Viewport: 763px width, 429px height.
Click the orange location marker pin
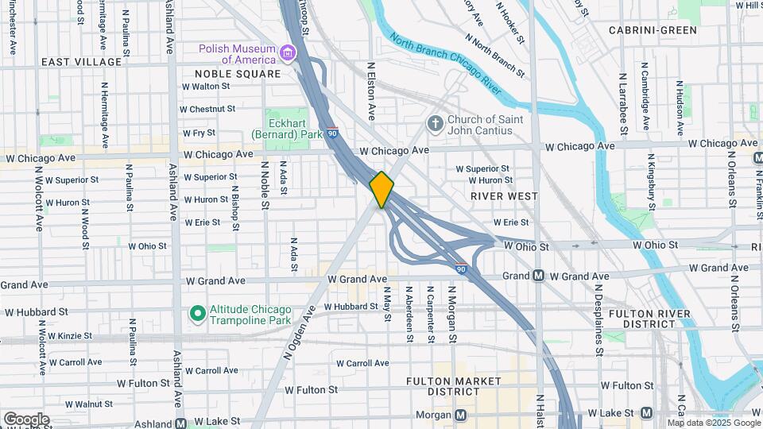[x=382, y=189]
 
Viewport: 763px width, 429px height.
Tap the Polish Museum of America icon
[x=287, y=54]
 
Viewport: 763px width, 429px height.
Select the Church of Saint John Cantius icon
[x=435, y=123]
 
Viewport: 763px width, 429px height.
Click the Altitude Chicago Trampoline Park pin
[x=197, y=315]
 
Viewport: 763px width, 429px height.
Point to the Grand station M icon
[x=538, y=276]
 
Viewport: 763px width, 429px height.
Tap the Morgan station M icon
[x=461, y=415]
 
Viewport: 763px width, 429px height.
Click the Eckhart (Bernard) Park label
[x=288, y=129]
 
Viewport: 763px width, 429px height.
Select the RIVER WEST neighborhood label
[x=504, y=195]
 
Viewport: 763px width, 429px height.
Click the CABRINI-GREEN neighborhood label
[x=653, y=30]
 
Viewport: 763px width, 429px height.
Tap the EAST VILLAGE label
[x=81, y=61]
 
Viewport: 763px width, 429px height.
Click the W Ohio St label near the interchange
[x=526, y=247]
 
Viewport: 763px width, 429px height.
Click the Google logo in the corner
[x=26, y=419]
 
